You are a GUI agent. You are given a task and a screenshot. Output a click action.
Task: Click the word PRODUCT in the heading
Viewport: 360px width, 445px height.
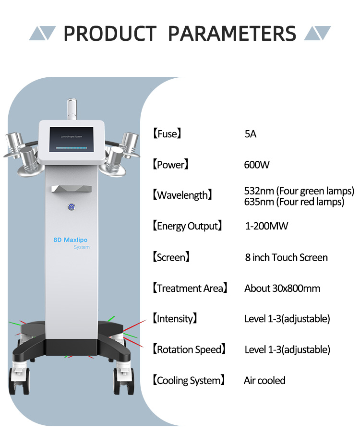(110, 33)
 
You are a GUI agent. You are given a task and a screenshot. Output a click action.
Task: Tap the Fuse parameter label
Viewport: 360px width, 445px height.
(167, 134)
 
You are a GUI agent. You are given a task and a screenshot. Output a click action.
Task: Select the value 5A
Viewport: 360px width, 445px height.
(251, 134)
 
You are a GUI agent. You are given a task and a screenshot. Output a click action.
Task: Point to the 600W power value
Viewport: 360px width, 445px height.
(257, 165)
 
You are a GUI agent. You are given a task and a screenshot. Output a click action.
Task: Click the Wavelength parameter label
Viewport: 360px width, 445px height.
(182, 195)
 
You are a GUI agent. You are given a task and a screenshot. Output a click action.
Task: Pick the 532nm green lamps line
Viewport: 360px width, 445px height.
(299, 191)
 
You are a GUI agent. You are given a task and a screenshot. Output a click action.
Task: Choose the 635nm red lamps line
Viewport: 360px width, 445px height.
(294, 202)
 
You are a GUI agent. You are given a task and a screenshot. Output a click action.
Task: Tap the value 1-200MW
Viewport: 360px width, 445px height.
(266, 226)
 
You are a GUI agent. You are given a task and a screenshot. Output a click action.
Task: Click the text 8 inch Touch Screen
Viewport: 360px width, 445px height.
(286, 257)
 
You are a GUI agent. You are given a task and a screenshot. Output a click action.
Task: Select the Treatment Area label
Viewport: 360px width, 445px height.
(190, 288)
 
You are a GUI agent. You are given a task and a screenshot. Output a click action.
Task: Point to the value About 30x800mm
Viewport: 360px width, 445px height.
(282, 288)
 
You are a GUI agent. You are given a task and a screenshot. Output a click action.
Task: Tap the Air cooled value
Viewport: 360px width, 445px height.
(264, 380)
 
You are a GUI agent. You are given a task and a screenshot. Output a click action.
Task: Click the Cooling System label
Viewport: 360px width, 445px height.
(188, 380)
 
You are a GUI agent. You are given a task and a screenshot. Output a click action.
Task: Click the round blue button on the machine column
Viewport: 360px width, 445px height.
(71, 207)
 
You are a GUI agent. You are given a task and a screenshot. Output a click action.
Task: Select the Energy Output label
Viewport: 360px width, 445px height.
(187, 226)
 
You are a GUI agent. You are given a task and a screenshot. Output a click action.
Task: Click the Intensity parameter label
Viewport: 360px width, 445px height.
(175, 318)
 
